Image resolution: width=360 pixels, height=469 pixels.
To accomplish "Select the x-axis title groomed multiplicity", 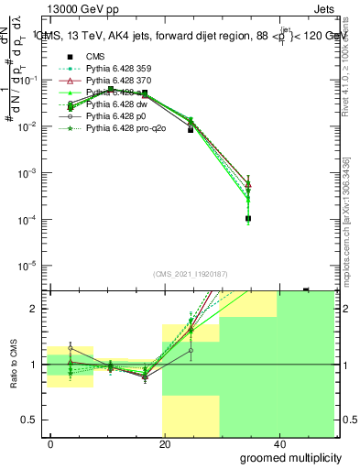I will point(285,457).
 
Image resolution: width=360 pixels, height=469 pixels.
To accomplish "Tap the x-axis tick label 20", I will point(165,442).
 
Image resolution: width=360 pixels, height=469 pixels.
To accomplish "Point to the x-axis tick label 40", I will point(278,442).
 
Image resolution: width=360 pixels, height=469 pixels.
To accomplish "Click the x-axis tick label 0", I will point(51,442).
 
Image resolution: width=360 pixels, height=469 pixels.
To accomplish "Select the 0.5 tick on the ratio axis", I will point(33,420).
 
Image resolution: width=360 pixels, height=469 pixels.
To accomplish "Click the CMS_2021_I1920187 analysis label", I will point(191,276).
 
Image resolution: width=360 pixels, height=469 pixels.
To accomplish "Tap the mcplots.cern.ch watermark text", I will point(346,229).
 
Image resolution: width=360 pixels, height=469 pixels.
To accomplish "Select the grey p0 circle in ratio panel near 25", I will point(191,351).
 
